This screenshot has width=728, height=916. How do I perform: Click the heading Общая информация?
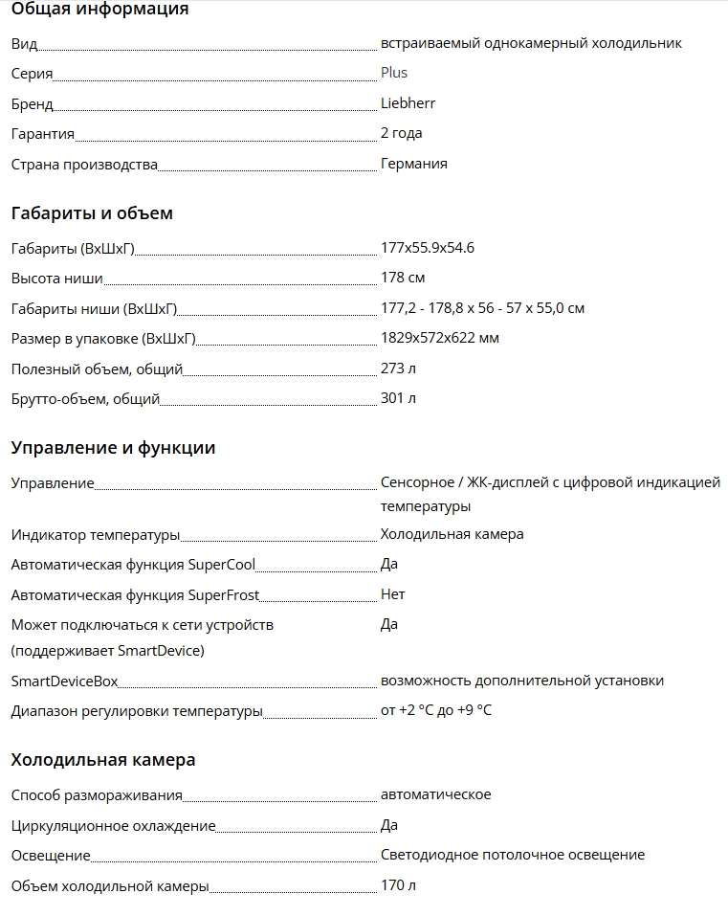tap(99, 10)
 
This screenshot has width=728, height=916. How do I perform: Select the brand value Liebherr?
tap(408, 102)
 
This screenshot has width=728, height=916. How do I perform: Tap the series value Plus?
tap(394, 72)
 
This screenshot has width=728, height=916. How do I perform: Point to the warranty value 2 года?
tap(401, 133)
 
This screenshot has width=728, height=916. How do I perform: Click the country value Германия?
tap(413, 164)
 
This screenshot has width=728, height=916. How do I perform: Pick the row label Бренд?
tap(32, 104)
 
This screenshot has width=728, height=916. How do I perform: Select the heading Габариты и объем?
tap(92, 213)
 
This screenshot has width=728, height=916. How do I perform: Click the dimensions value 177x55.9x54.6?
tap(427, 248)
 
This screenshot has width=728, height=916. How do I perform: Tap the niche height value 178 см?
tap(403, 278)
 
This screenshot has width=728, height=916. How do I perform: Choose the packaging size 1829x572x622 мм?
tap(439, 338)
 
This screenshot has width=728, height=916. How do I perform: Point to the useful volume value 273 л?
tap(398, 368)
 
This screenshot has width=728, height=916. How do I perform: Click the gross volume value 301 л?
tap(398, 398)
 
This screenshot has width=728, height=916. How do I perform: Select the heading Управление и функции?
tap(113, 448)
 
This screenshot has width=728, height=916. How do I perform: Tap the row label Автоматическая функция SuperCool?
tap(133, 565)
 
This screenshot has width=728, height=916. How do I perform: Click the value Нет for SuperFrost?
tap(392, 594)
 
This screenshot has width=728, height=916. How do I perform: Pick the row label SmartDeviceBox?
tap(64, 681)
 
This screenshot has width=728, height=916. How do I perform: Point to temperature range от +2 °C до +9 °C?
tap(436, 710)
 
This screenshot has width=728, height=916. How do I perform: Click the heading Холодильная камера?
tap(103, 760)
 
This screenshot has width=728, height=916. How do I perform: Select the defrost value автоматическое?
tap(435, 794)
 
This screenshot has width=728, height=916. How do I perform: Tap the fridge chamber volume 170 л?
tap(398, 885)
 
